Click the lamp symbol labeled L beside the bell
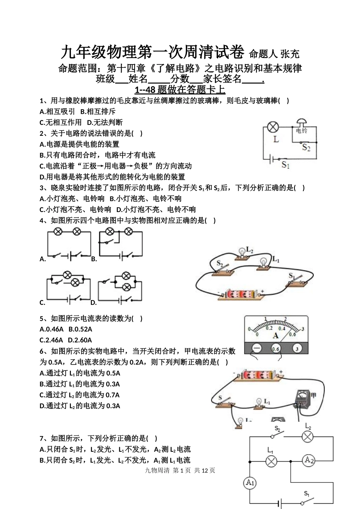pyautogui.click(x=274, y=127)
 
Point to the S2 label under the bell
pyautogui.click(x=306, y=148)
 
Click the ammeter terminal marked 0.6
pyautogui.click(x=276, y=348)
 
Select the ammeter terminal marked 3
pyautogui.click(x=298, y=348)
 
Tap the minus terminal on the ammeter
pyautogui.click(x=257, y=348)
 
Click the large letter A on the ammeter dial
pyautogui.click(x=275, y=335)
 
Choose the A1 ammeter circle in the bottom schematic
pyautogui.click(x=250, y=482)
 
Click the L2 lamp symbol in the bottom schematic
pyautogui.click(x=307, y=437)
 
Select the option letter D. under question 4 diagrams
pyautogui.click(x=93, y=303)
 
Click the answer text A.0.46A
pyautogui.click(x=52, y=329)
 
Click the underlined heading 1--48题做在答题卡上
pyautogui.click(x=180, y=90)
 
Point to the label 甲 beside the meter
pyautogui.click(x=313, y=396)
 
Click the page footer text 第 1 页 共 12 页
pyautogui.click(x=194, y=470)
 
